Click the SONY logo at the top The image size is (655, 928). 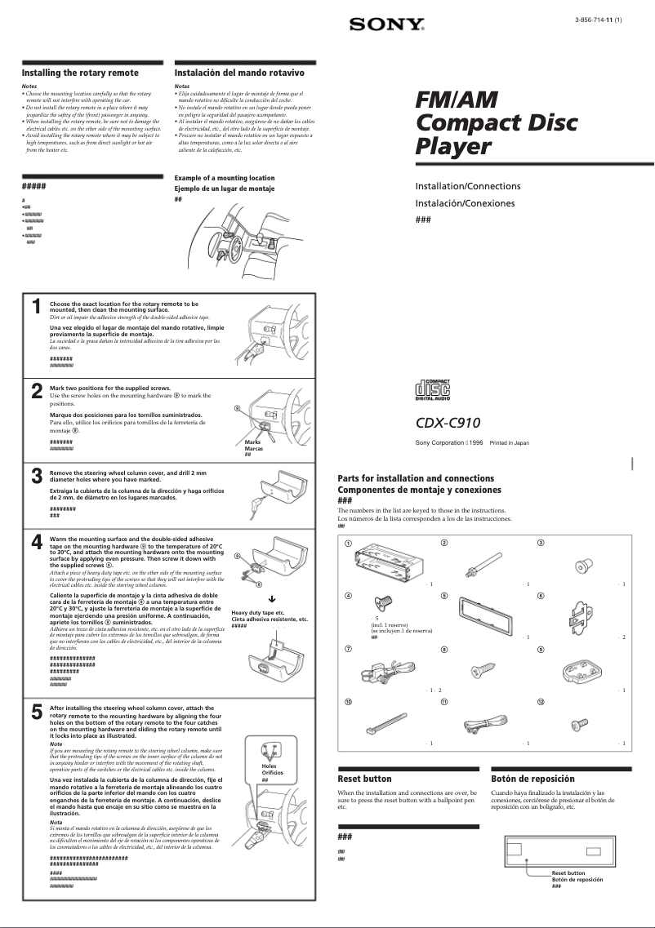pos(387,25)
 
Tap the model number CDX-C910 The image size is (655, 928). pos(448,423)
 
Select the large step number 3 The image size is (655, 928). pos(37,477)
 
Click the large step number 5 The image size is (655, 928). pos(37,713)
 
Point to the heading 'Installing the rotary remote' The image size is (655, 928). pos(80,73)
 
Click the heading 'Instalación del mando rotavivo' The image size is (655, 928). pos(234,73)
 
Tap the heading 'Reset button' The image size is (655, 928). pos(364,779)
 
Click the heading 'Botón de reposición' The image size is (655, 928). pos(532,779)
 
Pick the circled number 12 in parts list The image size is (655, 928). pos(541,702)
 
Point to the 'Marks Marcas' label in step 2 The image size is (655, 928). pos(253,446)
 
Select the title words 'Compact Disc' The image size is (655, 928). pos(496,123)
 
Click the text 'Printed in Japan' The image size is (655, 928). pos(509,442)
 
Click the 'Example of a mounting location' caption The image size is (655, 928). pos(225,178)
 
